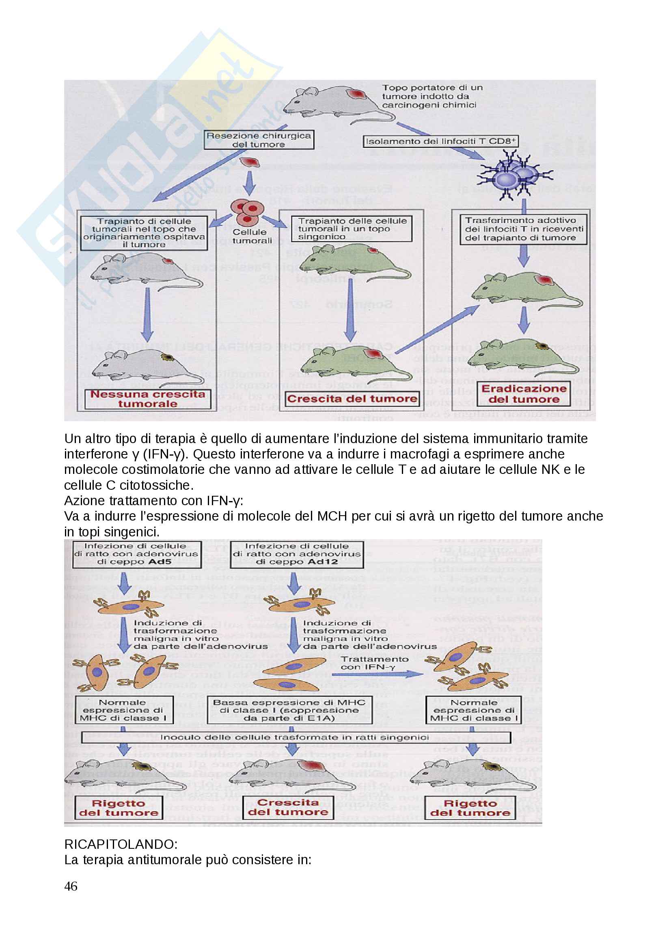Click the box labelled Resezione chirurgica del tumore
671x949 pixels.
tap(259, 140)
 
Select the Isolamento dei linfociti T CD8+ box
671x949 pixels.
tap(441, 141)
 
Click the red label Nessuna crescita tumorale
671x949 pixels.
tap(148, 399)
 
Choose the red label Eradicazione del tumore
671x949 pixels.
tap(524, 394)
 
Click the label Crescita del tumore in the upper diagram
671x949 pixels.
tap(352, 399)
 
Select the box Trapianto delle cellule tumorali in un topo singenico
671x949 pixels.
tap(352, 229)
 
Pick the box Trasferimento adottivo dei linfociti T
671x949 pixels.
tap(523, 229)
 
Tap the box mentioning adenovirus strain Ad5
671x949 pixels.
tap(136, 554)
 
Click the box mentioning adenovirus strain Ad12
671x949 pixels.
tap(297, 554)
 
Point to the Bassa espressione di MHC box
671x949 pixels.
tap(289, 710)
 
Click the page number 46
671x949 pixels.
tap(71, 886)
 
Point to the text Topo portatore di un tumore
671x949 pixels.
tap(432, 88)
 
